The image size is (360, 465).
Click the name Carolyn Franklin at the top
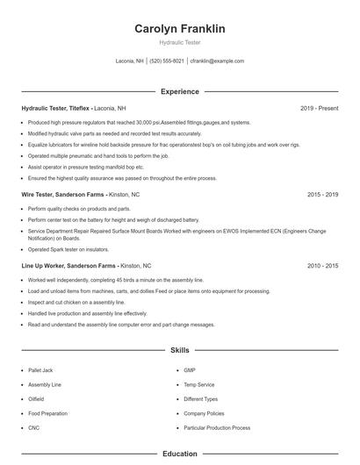click(179, 29)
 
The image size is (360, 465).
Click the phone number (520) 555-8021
click(167, 61)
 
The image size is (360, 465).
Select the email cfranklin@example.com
click(216, 61)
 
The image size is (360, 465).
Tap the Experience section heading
click(179, 91)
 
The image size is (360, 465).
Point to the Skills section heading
click(179, 350)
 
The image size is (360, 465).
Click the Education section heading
click(179, 454)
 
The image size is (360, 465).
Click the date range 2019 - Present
click(319, 108)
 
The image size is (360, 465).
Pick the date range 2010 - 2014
click(322, 265)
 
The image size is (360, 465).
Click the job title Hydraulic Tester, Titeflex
click(56, 108)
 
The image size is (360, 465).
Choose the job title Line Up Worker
click(45, 265)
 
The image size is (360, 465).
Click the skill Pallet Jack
click(40, 370)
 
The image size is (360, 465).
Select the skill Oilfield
click(37, 399)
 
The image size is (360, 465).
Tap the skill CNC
click(33, 428)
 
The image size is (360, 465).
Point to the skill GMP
click(190, 370)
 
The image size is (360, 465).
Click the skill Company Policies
click(204, 413)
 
